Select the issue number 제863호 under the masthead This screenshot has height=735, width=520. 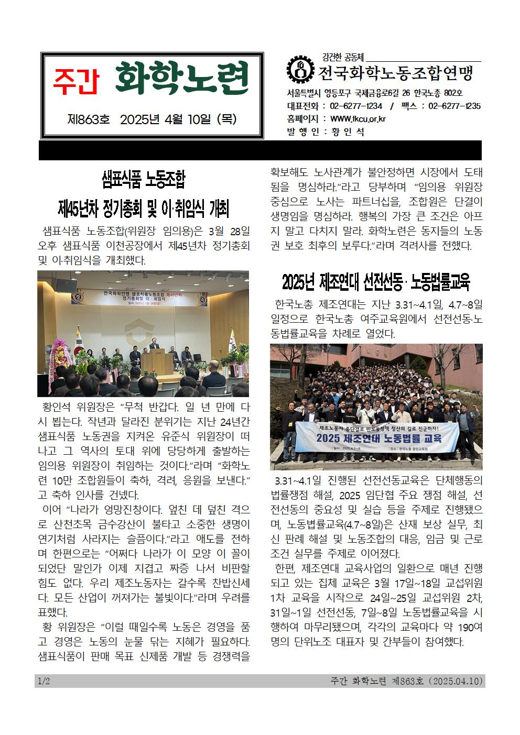tap(89, 120)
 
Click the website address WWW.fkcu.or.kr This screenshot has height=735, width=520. tap(358, 119)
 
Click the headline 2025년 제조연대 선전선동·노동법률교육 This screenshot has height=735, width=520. tap(376, 282)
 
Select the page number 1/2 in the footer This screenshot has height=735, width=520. tap(44, 681)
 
